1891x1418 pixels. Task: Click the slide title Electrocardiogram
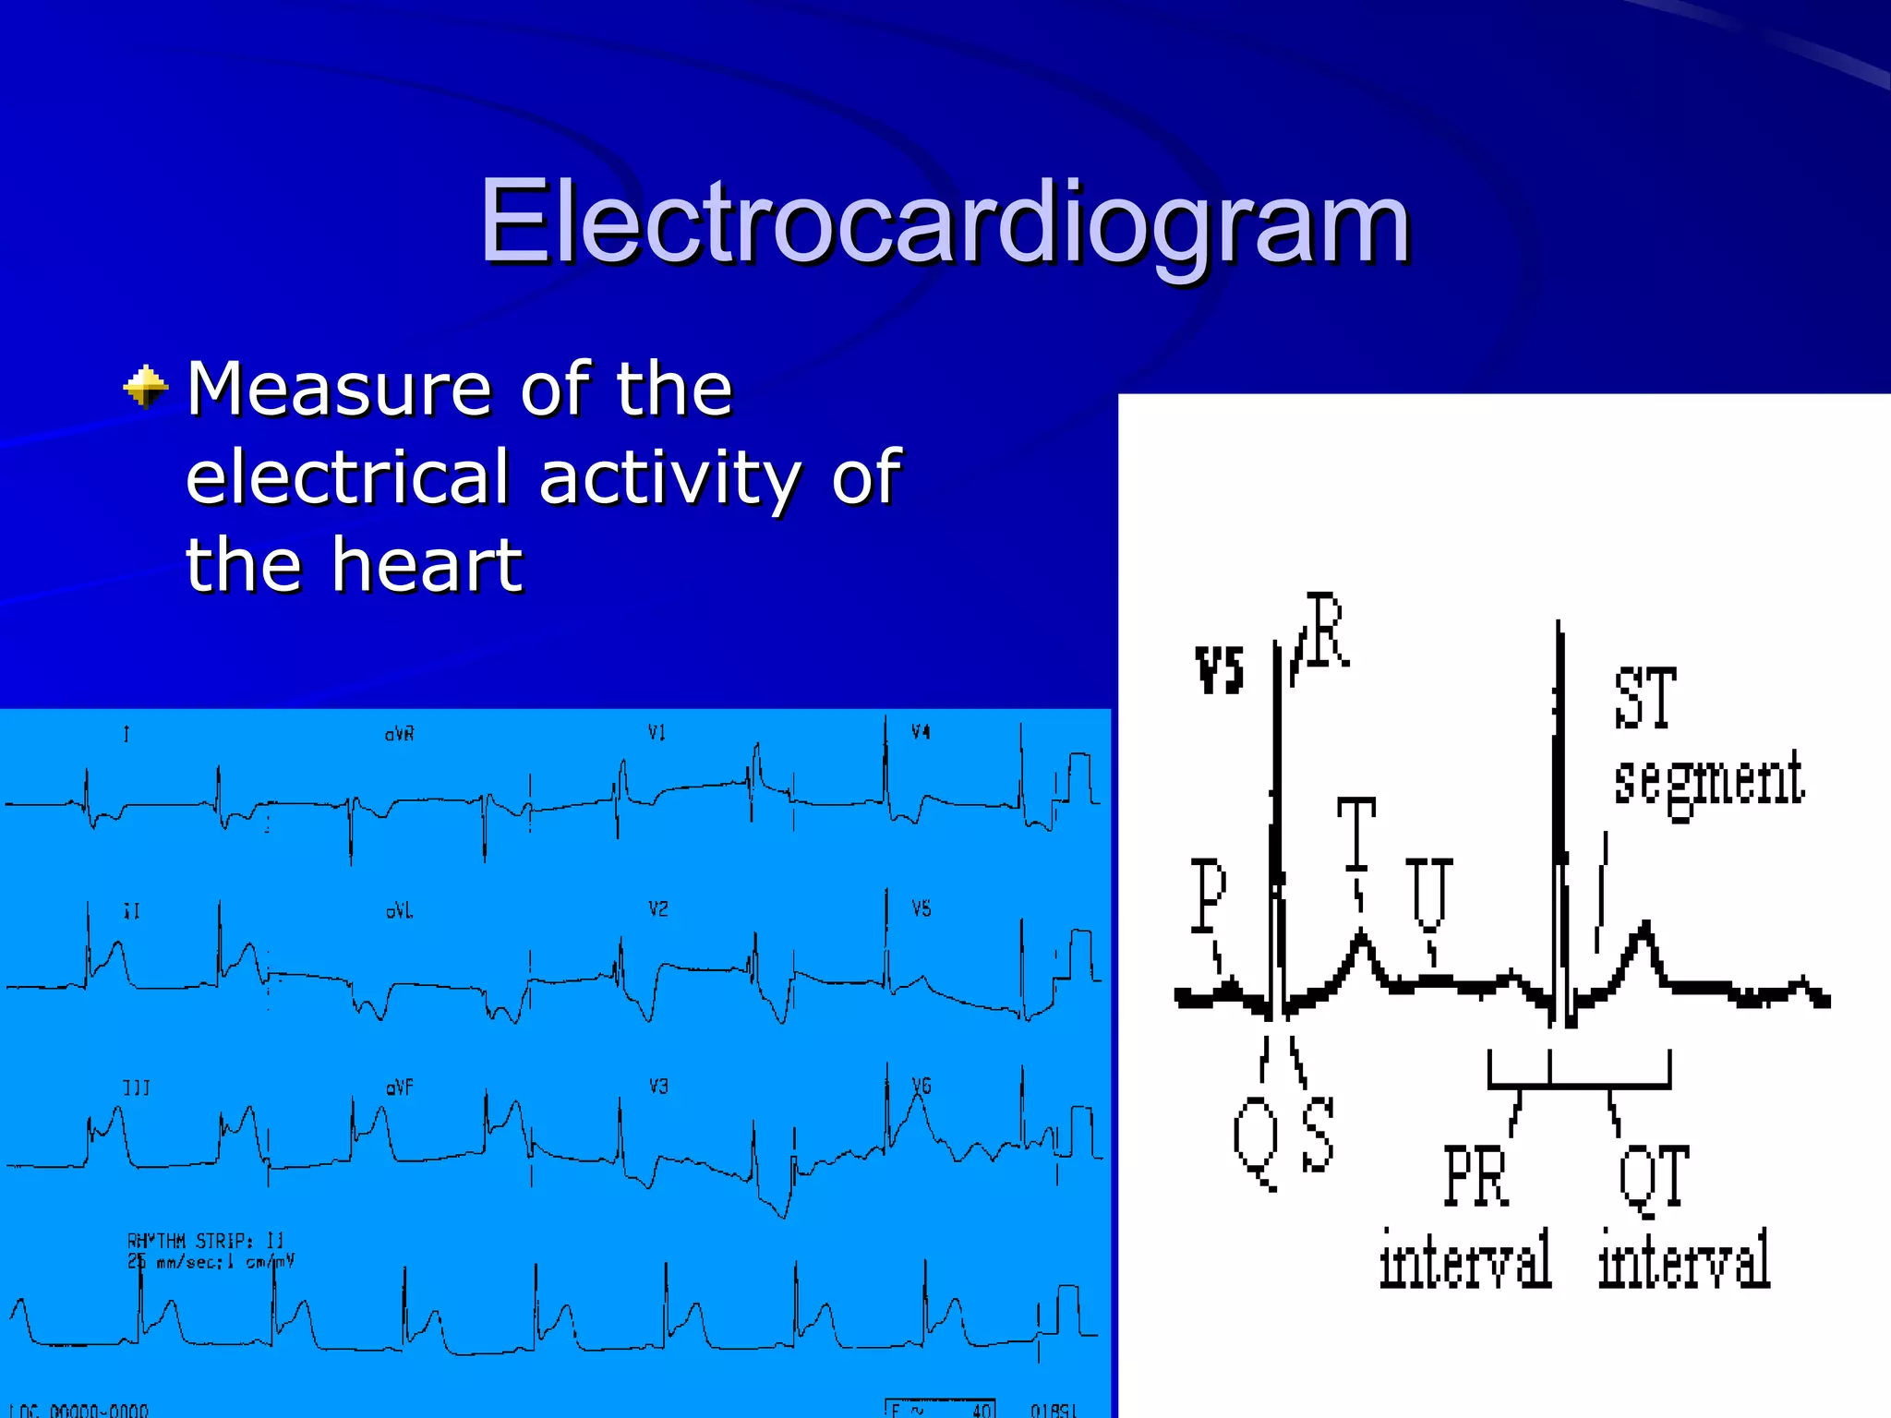tap(944, 222)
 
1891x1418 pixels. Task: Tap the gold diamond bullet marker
tap(146, 387)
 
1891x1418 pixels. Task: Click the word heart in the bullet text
tap(427, 565)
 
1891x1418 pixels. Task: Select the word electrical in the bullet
tap(347, 477)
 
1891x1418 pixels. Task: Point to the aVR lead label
tap(399, 735)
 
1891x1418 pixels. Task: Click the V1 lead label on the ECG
tap(656, 733)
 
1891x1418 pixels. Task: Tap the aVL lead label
tap(399, 912)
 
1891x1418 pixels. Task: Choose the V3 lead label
tap(657, 1087)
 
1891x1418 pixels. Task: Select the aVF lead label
tap(399, 1088)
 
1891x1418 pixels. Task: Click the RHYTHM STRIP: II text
tap(205, 1240)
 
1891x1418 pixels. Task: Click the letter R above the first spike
tap(1327, 631)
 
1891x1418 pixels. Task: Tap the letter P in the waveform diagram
tap(1208, 894)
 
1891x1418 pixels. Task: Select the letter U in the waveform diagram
tap(1428, 892)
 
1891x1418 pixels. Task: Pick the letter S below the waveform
tap(1318, 1134)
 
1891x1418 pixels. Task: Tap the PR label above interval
tap(1475, 1175)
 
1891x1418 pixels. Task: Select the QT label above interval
tap(1654, 1177)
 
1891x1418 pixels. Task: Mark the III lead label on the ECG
tap(136, 1088)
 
